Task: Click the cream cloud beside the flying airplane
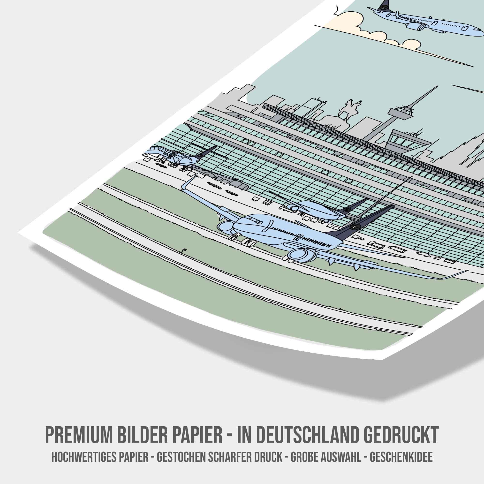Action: (x=351, y=23)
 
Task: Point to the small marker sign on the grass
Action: (x=184, y=250)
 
